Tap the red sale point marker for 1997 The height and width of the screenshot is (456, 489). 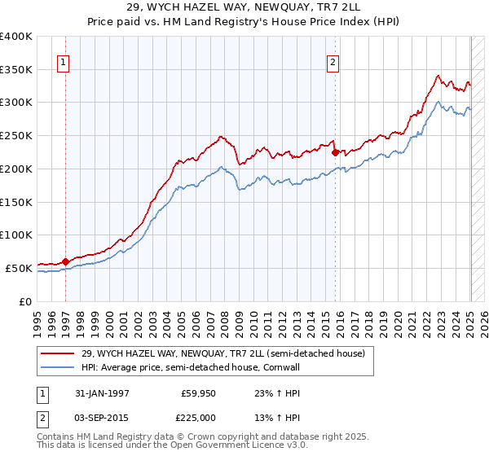point(66,261)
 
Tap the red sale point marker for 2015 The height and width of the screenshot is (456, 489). point(335,151)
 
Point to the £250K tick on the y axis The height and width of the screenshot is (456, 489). point(16,135)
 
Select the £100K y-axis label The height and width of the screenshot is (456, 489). point(16,235)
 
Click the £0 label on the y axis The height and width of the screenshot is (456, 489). point(25,301)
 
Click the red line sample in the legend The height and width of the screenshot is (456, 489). point(58,353)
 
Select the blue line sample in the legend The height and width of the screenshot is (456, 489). point(58,368)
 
